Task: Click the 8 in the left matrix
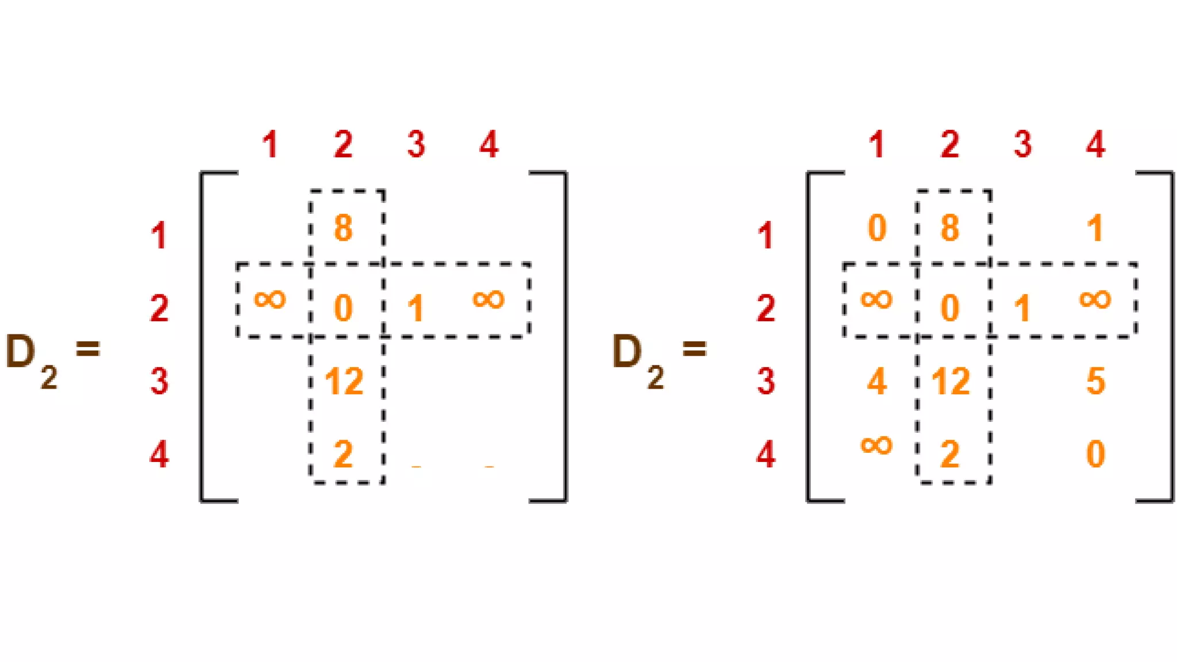[343, 228]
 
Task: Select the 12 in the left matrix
[344, 381]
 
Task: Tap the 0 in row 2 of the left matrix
[343, 308]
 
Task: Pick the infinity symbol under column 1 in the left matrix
[270, 299]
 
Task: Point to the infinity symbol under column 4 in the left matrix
[489, 299]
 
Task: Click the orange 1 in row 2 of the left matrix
[416, 309]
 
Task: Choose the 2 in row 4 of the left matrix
[343, 455]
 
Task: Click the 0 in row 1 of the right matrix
[876, 228]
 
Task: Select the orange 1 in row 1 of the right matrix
[1095, 228]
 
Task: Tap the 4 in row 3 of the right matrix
[876, 381]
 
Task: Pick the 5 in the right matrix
[1095, 381]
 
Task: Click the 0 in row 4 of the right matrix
[1095, 455]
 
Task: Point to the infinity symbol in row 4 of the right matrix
[876, 445]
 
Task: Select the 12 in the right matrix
[951, 381]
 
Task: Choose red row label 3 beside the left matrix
[159, 381]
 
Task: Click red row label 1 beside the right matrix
[766, 236]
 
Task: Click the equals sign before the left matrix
[88, 348]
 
